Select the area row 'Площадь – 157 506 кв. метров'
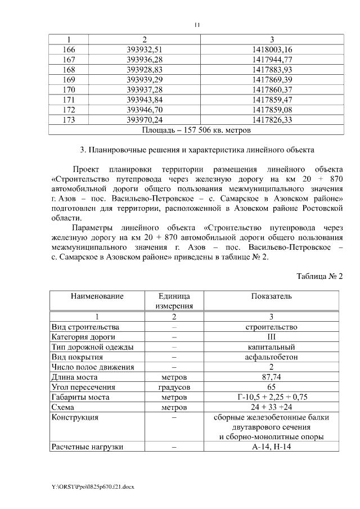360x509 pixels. pos(196,130)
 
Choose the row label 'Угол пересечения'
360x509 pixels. pos(83,387)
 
